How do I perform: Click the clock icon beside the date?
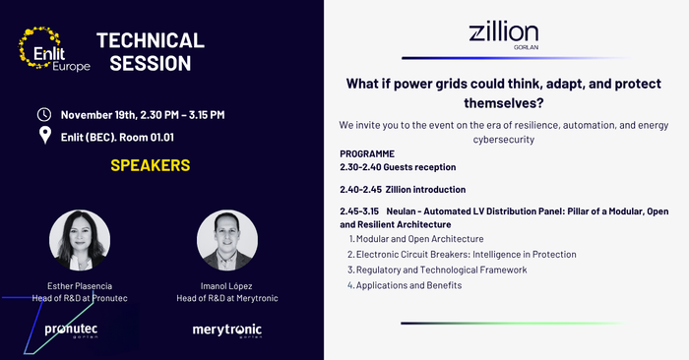[44, 115]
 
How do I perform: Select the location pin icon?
[44, 135]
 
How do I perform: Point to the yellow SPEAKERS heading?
[150, 165]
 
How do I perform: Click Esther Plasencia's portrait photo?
[79, 240]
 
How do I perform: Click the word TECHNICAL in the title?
[151, 40]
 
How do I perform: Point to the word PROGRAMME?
[367, 154]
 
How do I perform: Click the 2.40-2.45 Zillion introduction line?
[403, 189]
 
